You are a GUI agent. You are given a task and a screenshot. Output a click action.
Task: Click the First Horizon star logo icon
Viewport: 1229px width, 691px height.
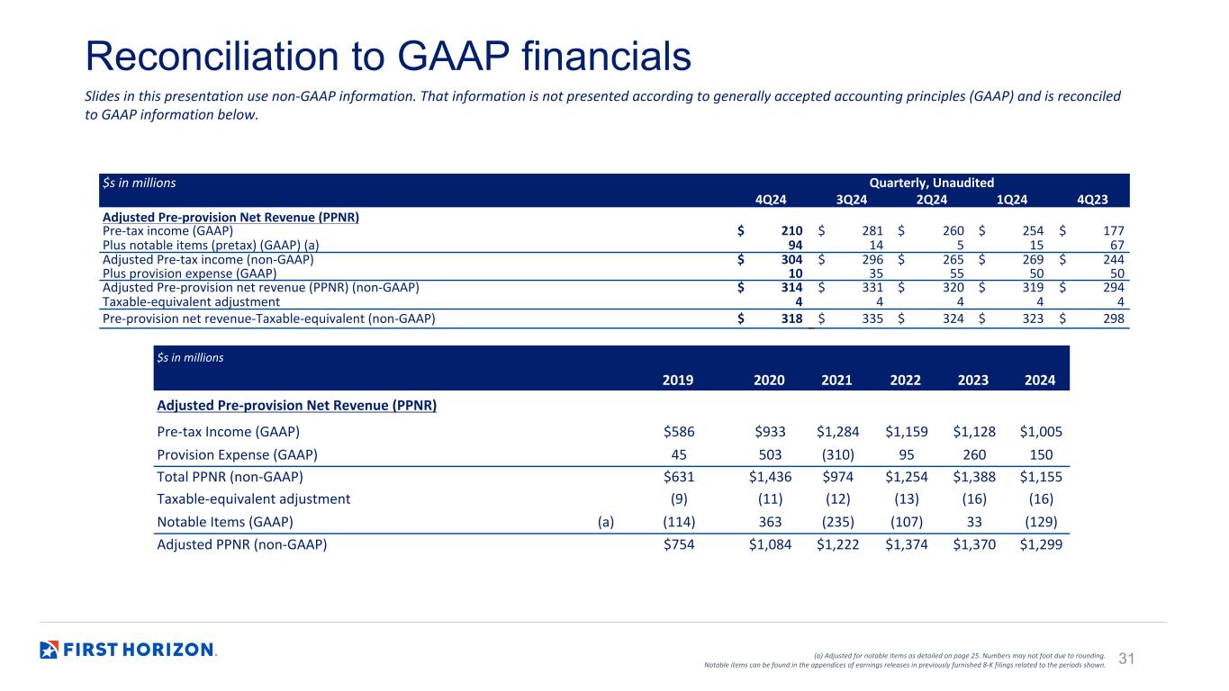click(x=49, y=650)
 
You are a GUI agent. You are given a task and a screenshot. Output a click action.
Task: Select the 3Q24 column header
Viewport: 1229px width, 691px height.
click(x=851, y=200)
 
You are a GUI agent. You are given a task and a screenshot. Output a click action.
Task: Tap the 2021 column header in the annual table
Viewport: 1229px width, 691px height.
click(x=836, y=380)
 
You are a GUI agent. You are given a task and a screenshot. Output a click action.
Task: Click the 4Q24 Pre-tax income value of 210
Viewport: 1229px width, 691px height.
click(x=791, y=231)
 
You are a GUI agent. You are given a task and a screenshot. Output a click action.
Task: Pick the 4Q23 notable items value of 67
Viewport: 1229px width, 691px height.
click(x=1116, y=245)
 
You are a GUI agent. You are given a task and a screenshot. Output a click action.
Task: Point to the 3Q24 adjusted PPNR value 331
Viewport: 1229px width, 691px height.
click(x=872, y=287)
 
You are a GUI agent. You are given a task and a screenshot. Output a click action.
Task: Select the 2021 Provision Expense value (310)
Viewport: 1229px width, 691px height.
click(x=838, y=454)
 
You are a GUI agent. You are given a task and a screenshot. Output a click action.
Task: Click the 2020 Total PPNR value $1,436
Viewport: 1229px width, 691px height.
click(x=771, y=477)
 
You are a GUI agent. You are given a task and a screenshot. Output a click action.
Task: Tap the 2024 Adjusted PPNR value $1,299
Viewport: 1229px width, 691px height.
click(x=1041, y=544)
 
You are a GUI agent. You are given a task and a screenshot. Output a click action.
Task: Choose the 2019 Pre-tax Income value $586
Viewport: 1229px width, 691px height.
click(x=679, y=432)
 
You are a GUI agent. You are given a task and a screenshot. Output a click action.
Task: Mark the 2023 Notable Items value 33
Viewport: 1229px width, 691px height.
click(x=974, y=522)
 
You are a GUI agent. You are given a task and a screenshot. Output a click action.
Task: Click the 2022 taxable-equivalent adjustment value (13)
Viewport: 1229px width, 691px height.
click(x=907, y=498)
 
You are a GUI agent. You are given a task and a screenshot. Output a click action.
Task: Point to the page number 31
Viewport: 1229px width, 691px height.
click(x=1126, y=658)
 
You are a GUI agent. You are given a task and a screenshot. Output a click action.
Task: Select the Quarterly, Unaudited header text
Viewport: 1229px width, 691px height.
click(x=932, y=183)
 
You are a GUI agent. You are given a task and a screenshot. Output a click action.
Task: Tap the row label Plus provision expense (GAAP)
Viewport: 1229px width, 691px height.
click(x=189, y=274)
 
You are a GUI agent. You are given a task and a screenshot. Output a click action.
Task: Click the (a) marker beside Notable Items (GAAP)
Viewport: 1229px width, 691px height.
click(x=606, y=522)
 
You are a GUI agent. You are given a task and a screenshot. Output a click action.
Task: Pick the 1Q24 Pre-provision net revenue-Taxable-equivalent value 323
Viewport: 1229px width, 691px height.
click(x=1033, y=319)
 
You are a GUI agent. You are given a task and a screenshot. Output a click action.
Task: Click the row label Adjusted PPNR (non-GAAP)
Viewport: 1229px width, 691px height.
click(x=242, y=544)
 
